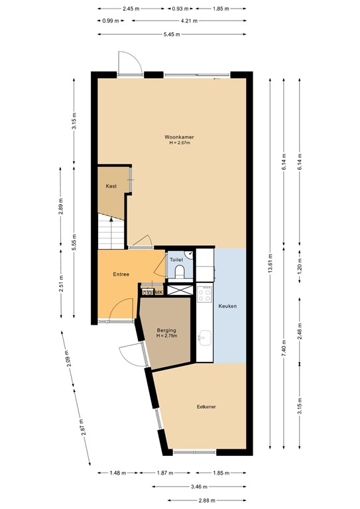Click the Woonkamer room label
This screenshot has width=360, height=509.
pyautogui.click(x=175, y=137)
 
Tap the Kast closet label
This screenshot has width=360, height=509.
pyautogui.click(x=111, y=186)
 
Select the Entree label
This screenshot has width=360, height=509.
pyautogui.click(x=121, y=274)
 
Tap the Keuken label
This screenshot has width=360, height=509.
pyautogui.click(x=227, y=306)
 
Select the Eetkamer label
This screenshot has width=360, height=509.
pyautogui.click(x=206, y=406)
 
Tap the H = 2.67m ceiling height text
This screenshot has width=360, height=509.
pyautogui.click(x=175, y=144)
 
